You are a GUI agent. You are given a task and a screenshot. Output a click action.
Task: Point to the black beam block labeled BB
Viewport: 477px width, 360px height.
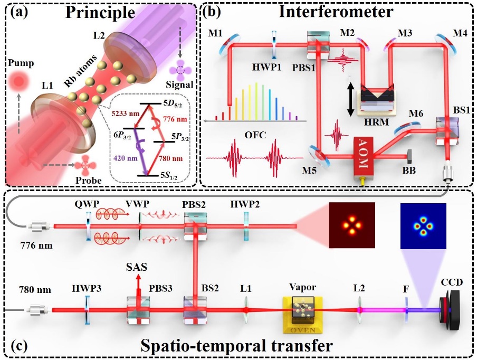[x=411, y=156]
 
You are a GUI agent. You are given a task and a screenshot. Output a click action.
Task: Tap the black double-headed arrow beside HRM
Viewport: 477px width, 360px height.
[x=349, y=97]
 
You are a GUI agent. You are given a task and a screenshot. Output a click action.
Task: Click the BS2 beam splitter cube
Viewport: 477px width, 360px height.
[x=195, y=309]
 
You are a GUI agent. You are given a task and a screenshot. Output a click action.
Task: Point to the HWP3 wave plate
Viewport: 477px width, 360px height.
[x=86, y=309]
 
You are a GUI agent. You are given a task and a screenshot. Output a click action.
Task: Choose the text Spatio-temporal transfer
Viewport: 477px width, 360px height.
[x=238, y=346]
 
